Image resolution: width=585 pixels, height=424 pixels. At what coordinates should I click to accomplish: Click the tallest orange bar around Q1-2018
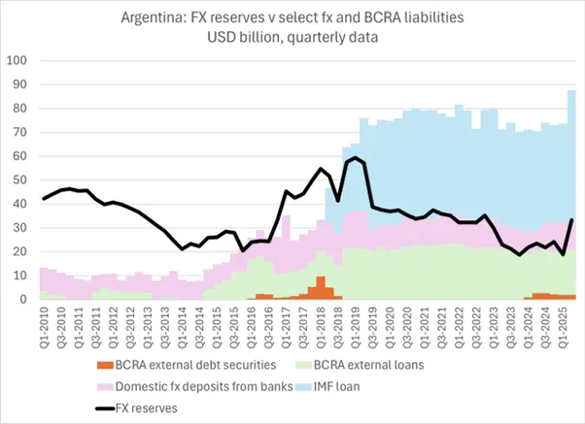click(321, 287)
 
